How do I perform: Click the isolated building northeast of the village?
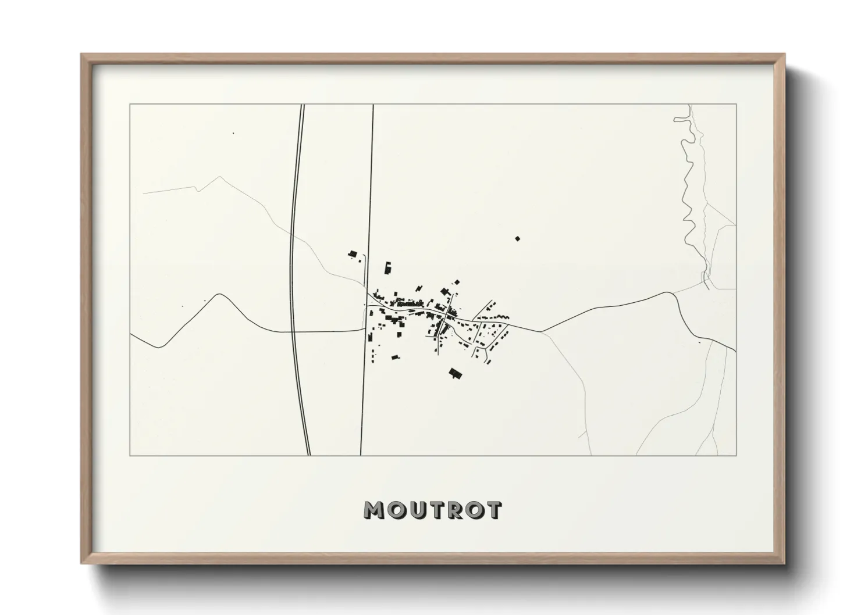[x=517, y=238]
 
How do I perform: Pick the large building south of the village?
[x=455, y=374]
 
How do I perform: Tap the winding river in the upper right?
[x=687, y=192]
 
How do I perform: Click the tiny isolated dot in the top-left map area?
[x=233, y=133]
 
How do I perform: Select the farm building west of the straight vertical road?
[x=353, y=254]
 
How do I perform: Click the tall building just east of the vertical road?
[x=387, y=268]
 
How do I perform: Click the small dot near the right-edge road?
[x=699, y=342]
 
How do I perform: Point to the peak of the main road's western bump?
[x=219, y=294]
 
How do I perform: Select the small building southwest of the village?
[x=395, y=357]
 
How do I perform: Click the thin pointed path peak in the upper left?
[x=219, y=177]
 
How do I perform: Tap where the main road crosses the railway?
[x=293, y=331]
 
